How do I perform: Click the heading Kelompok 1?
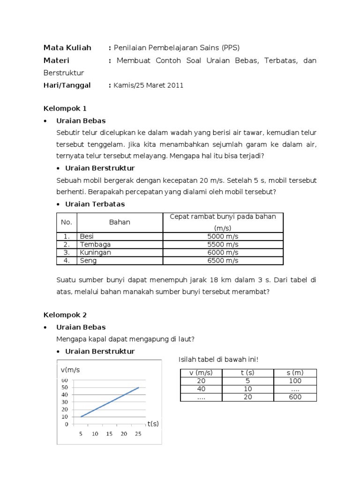[x=65, y=108]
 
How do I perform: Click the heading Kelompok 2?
[x=65, y=315]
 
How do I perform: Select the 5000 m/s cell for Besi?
[x=223, y=236]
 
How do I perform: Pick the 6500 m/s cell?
[x=223, y=261]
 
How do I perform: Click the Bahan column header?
[x=120, y=222]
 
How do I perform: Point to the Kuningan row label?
[x=95, y=253]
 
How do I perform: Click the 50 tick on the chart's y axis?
[x=65, y=388]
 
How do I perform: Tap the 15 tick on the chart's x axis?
[x=109, y=434]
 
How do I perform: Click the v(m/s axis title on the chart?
[x=70, y=370]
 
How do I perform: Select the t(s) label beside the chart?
[x=153, y=424]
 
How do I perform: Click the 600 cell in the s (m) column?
[x=295, y=397]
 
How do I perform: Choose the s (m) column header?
[x=295, y=373]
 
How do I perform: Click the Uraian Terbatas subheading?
[x=95, y=204]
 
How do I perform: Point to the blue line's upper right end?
[x=138, y=388]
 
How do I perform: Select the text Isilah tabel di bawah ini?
[x=218, y=360]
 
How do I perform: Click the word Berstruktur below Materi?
[x=63, y=73]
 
